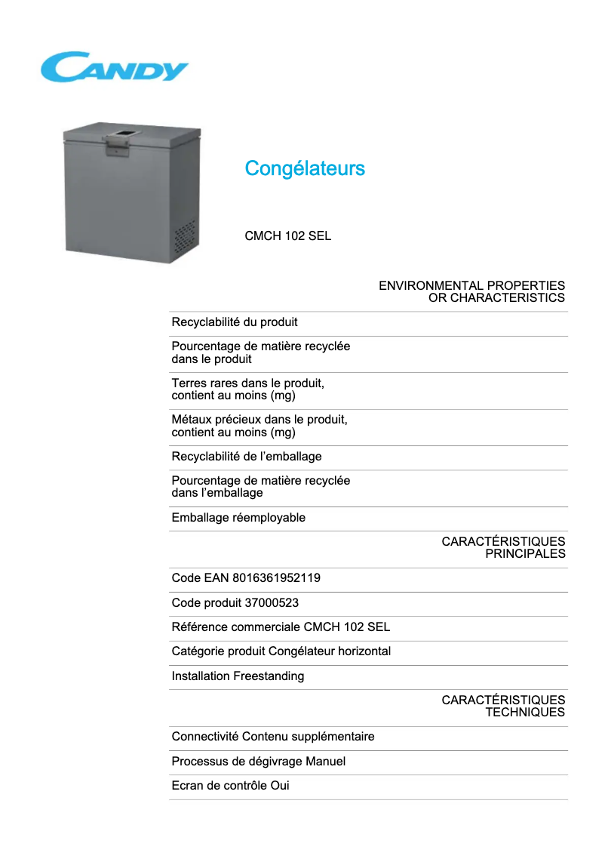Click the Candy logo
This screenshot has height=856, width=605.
(x=114, y=67)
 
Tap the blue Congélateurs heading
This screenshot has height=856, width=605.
(x=305, y=168)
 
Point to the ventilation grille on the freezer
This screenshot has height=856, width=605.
(x=185, y=238)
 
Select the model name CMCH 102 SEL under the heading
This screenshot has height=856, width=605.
(x=287, y=236)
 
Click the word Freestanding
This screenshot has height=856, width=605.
(x=269, y=676)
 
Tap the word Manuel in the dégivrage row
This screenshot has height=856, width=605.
(x=325, y=761)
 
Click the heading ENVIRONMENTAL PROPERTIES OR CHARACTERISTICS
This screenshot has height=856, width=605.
(x=471, y=291)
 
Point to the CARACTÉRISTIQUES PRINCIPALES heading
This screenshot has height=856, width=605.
(x=503, y=547)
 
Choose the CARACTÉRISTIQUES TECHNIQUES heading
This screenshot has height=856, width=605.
(x=503, y=706)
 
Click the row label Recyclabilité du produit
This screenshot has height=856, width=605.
(x=235, y=322)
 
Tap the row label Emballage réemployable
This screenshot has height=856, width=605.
(x=238, y=518)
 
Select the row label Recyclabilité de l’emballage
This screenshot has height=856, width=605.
(x=247, y=456)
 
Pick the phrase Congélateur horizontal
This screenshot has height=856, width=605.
(x=330, y=651)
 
